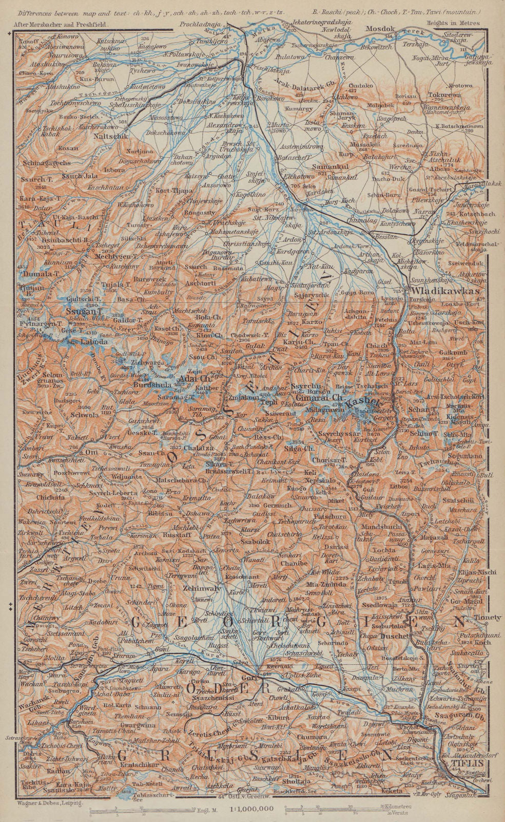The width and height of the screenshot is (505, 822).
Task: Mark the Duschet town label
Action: point(395,636)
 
